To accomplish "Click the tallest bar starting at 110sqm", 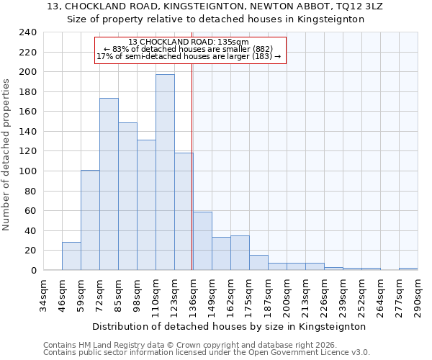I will point(165,172).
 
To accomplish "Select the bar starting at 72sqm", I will point(109,184).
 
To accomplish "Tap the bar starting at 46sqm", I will point(71,256).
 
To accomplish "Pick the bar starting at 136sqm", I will point(202,241).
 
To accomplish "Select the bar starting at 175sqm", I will point(258,263).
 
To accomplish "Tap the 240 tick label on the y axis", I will point(27,32).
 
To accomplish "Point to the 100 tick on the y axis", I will point(27,171).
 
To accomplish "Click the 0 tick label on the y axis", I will point(33,271).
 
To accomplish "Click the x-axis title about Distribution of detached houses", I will point(229,326).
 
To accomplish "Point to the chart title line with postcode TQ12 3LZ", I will point(216,6).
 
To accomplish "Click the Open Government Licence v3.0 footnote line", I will point(207,353).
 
